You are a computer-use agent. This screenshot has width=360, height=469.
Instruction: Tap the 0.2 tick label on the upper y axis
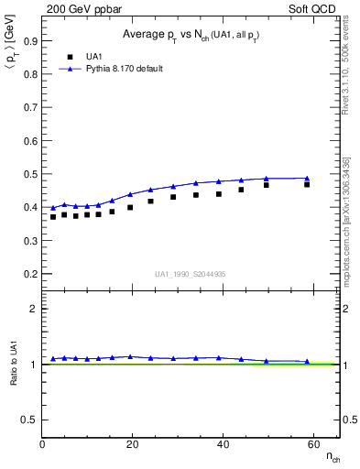click(x=30, y=274)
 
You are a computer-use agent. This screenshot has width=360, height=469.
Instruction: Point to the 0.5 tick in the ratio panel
click(x=30, y=420)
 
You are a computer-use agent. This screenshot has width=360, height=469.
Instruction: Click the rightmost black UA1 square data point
click(x=307, y=184)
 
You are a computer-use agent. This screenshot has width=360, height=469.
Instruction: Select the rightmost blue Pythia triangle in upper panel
click(x=307, y=178)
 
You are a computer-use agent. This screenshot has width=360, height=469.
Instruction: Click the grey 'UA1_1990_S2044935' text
click(x=191, y=274)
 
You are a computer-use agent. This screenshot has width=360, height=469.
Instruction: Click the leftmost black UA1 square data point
click(x=53, y=217)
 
